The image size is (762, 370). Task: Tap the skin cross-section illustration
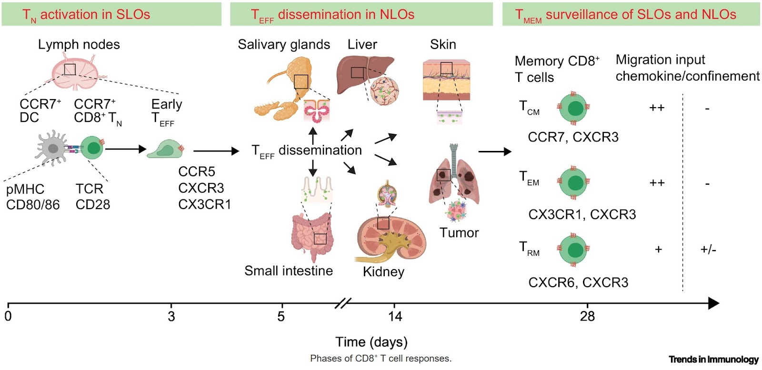(x=446, y=81)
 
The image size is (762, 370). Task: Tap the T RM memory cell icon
(x=574, y=249)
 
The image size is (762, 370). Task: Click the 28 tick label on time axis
(x=587, y=316)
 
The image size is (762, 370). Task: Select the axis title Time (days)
(x=371, y=342)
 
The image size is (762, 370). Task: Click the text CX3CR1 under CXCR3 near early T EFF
(x=204, y=204)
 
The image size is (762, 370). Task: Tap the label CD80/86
(x=33, y=205)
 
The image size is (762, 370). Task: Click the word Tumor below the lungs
(x=459, y=233)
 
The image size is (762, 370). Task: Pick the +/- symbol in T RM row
(x=708, y=250)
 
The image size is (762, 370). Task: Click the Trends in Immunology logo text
(x=713, y=360)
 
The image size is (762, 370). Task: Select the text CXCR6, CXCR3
(x=578, y=282)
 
